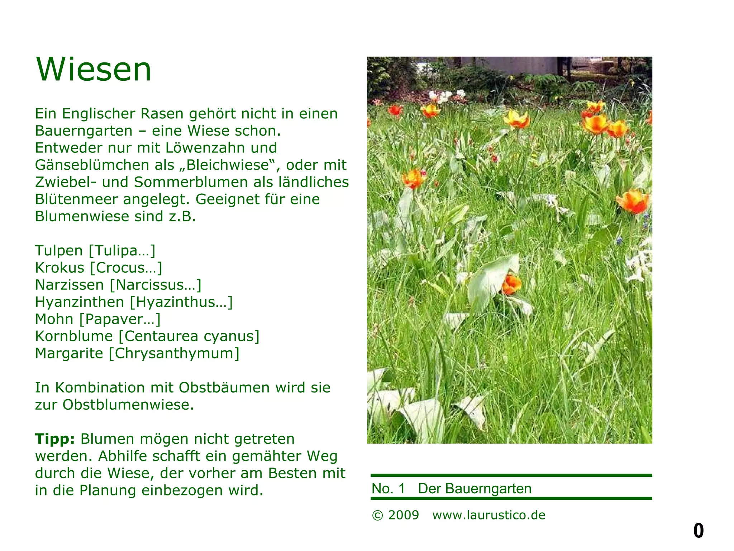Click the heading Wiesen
(94, 69)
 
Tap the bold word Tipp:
(55, 439)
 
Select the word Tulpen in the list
(59, 250)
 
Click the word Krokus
(59, 268)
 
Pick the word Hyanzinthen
(80, 302)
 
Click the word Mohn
(54, 319)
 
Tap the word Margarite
(69, 353)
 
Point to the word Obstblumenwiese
(128, 405)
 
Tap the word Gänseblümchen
(92, 165)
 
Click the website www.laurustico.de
(489, 515)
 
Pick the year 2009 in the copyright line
(404, 515)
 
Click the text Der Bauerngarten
(475, 489)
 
